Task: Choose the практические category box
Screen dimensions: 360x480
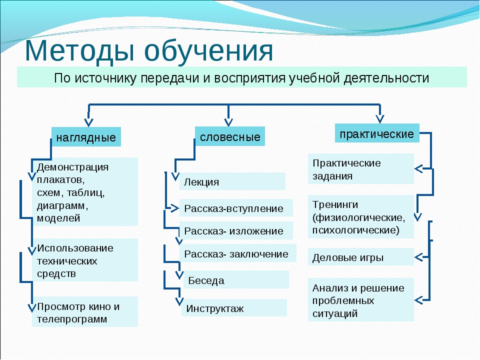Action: click(376, 133)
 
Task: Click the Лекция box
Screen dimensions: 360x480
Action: click(232, 181)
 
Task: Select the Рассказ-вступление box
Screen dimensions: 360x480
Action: click(235, 208)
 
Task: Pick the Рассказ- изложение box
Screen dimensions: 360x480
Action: click(235, 230)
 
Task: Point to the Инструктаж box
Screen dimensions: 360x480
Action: click(234, 308)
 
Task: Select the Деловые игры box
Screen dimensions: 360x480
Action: click(360, 257)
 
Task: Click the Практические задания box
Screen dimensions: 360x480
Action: click(360, 169)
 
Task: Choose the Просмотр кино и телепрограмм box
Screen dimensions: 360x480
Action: click(84, 312)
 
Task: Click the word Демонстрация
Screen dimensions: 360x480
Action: click(72, 166)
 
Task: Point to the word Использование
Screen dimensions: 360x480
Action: click(75, 248)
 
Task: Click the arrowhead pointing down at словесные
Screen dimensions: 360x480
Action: click(228, 121)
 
